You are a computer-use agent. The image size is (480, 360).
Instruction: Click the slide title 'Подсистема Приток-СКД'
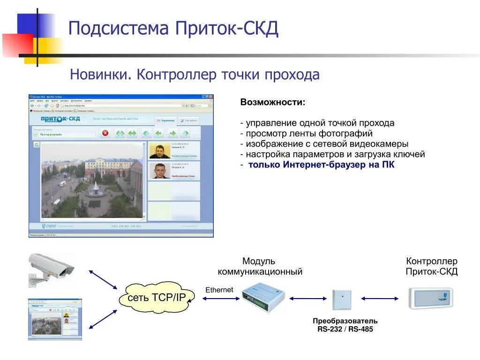point(173,29)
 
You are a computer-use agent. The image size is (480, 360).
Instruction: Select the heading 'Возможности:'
point(272,102)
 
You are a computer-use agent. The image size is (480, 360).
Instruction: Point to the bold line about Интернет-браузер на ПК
point(321,165)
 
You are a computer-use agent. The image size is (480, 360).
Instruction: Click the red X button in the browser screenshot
point(105,133)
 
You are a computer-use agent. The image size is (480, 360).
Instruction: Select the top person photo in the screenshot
point(160,151)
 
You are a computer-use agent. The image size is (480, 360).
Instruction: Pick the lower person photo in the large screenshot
point(160,171)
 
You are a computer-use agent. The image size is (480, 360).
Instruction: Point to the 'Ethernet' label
point(219,290)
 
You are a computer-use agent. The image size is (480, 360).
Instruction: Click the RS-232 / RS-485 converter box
point(342,300)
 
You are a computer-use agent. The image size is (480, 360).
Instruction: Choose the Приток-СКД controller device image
point(430,298)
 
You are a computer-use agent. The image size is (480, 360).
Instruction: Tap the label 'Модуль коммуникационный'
point(259,266)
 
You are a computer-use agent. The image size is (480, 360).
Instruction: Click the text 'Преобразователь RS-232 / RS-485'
point(345,325)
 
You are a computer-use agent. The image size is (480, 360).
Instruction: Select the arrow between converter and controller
point(380,298)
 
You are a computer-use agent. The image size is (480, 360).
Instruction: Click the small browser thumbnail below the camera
point(55,319)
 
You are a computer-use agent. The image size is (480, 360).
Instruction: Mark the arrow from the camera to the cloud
point(103,279)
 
